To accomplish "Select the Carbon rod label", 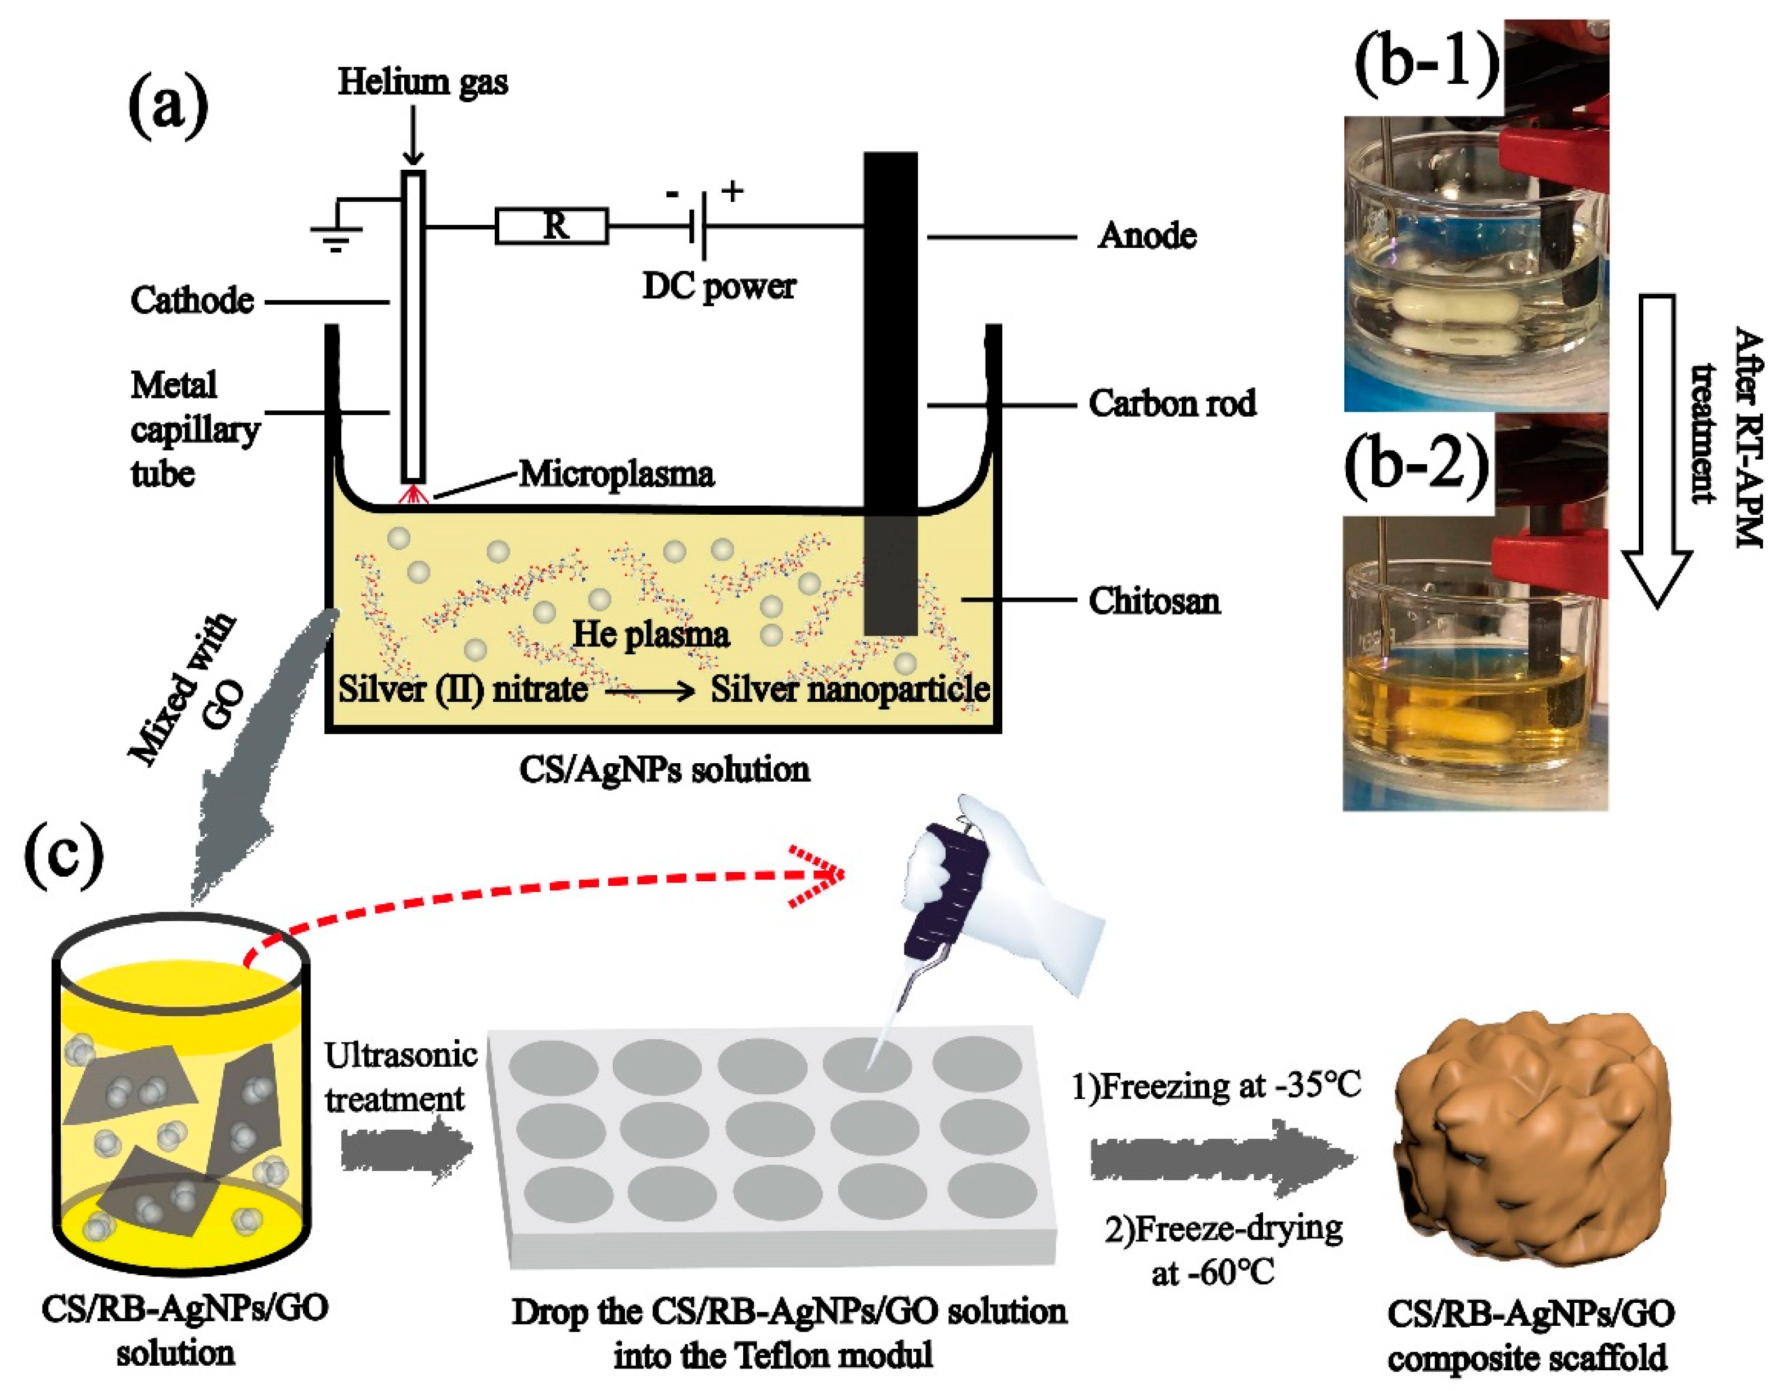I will click(1172, 404).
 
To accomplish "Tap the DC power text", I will click(718, 286).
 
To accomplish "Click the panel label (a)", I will click(168, 107).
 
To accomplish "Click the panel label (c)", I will click(65, 855).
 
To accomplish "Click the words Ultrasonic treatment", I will click(400, 1077).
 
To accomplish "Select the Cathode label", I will click(192, 301).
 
